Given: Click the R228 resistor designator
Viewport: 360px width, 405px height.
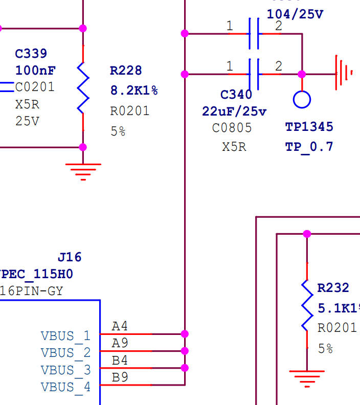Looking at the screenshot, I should coord(126,71).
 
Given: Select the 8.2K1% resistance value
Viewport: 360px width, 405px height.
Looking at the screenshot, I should coord(134,91).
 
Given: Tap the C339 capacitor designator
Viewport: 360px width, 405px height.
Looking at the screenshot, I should coord(31,54).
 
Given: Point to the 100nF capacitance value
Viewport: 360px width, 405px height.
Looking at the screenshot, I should coord(35,70).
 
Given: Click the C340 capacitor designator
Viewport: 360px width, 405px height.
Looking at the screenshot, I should coord(236,95).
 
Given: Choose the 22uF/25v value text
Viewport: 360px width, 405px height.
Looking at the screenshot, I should coord(234,111).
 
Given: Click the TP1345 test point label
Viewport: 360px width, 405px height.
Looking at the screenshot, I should coord(309,127).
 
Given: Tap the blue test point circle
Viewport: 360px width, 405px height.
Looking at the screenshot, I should coord(302,99).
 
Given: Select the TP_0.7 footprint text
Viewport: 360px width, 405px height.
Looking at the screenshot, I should coord(309,147).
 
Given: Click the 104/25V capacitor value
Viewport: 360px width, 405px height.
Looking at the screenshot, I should coord(295,14).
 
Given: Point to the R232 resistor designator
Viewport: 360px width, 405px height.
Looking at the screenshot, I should coord(333,288).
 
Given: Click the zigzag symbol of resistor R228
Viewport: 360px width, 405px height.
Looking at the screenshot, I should coord(83,87).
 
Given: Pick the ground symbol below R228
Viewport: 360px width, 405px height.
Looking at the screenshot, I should coord(83,171).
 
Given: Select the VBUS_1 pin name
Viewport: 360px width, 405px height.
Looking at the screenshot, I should coord(65,336).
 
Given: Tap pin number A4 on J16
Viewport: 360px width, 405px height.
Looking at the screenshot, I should coord(120,326).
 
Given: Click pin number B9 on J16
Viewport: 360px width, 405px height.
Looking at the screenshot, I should coord(120,377).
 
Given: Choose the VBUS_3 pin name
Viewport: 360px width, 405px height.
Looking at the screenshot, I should coord(65,370).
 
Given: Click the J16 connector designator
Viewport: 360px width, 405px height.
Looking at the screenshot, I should coord(70,257).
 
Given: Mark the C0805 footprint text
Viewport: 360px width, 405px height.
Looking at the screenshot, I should coord(232,128).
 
